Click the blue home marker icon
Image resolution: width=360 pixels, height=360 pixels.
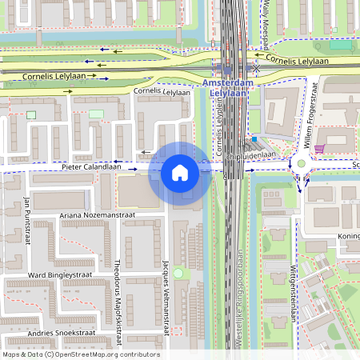coord(180,173)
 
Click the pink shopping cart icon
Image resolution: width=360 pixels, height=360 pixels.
coord(319,149)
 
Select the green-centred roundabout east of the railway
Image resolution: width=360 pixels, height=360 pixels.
coord(302,164)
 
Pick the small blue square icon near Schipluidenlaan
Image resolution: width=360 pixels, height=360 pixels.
coord(254,139)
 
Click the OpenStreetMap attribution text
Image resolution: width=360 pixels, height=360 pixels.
coord(81,354)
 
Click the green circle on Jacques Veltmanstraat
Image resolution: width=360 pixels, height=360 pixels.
coord(178,274)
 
